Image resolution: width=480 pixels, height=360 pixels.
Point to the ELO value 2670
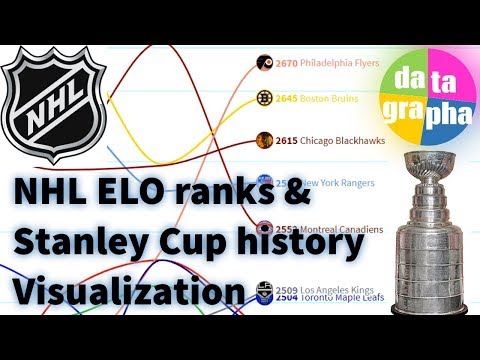coord(288,62)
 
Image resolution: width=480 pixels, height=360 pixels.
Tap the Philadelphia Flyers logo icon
coord(265,62)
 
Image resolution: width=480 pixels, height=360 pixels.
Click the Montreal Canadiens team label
coord(341,229)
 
